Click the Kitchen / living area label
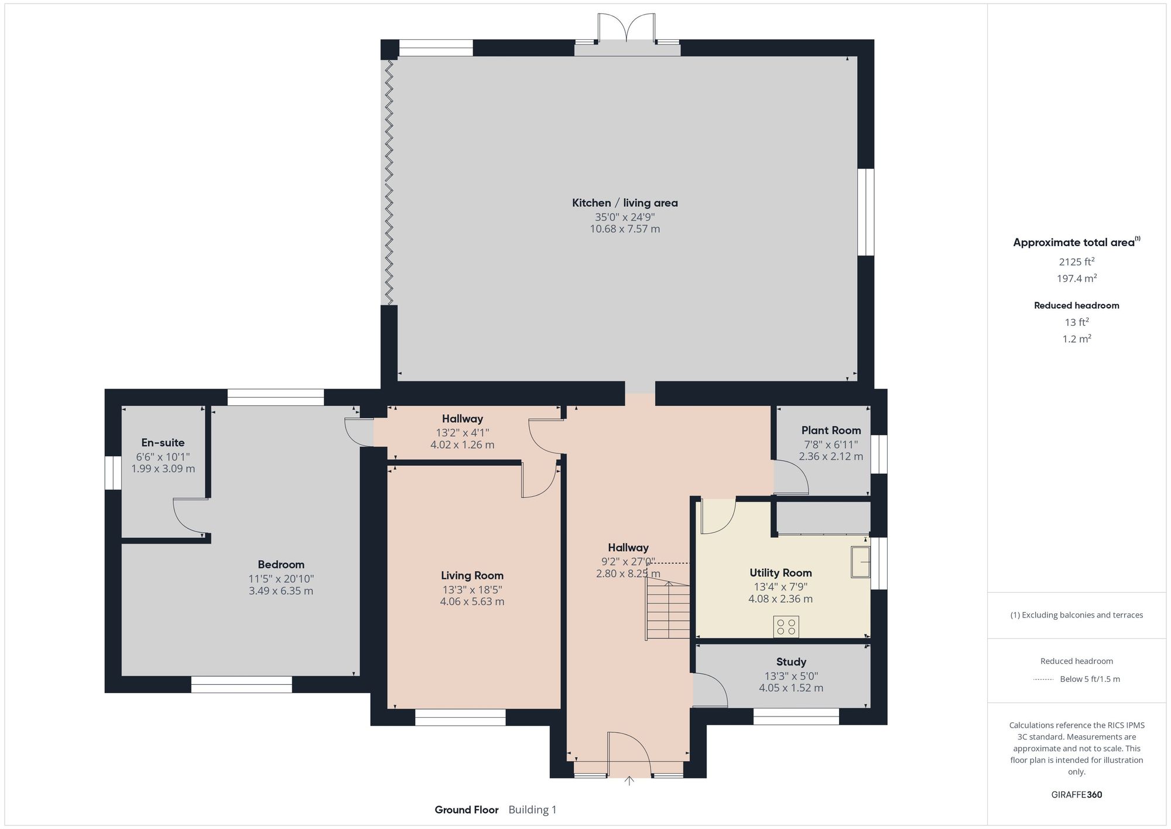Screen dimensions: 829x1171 [x=625, y=203]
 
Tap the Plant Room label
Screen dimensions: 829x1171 [x=831, y=430]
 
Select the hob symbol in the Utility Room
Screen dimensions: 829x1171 [x=786, y=626]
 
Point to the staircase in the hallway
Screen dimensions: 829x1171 [x=668, y=611]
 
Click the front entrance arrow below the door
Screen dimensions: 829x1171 [x=629, y=780]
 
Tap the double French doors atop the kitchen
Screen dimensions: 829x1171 [x=626, y=28]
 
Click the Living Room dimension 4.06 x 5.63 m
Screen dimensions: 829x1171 [x=472, y=602]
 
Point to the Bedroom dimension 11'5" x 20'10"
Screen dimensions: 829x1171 [x=281, y=579]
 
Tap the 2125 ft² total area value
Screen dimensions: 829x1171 [x=1076, y=262]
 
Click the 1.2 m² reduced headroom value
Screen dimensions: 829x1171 [x=1076, y=339]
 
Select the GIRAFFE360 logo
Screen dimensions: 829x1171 [x=1076, y=795]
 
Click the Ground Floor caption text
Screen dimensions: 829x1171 [x=466, y=810]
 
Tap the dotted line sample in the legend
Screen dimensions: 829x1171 [x=1043, y=680]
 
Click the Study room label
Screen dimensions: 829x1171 [x=791, y=661]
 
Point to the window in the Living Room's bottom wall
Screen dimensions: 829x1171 [x=460, y=717]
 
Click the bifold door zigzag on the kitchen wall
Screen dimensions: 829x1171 [x=389, y=182]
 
